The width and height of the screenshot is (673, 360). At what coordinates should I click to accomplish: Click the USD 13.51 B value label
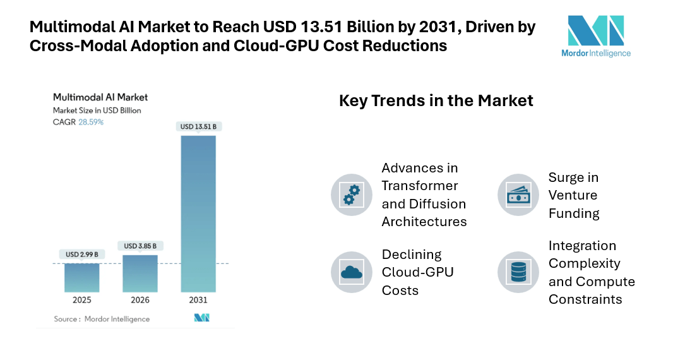(198, 127)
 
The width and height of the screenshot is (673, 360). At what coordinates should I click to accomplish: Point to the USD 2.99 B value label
(82, 255)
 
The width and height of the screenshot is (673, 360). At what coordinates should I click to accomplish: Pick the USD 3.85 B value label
(140, 246)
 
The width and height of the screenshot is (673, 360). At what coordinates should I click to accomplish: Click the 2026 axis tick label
(140, 300)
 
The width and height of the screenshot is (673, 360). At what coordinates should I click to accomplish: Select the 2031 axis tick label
(198, 300)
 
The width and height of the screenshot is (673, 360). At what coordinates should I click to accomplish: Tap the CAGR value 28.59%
(91, 122)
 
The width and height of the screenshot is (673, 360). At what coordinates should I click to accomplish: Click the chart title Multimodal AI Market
(100, 97)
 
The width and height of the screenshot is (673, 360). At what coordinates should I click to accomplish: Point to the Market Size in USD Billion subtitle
(97, 111)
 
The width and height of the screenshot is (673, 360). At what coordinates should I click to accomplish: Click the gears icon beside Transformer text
(352, 195)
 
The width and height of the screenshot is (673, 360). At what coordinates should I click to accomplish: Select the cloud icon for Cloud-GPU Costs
(352, 272)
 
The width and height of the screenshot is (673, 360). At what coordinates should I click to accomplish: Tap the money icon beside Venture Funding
(518, 195)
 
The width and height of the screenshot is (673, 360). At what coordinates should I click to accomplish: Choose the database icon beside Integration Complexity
(518, 272)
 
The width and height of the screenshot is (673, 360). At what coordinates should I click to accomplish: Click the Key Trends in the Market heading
(436, 100)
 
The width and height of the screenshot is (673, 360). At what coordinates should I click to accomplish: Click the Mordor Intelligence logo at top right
(595, 37)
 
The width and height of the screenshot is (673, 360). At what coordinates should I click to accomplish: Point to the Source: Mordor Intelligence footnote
(102, 319)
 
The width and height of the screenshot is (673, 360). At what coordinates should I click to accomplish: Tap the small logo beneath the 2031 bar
(201, 318)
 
